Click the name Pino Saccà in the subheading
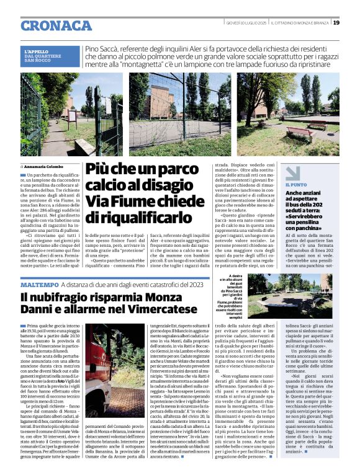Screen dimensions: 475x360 (102, 48)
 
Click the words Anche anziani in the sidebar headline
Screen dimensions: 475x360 (304, 194)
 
